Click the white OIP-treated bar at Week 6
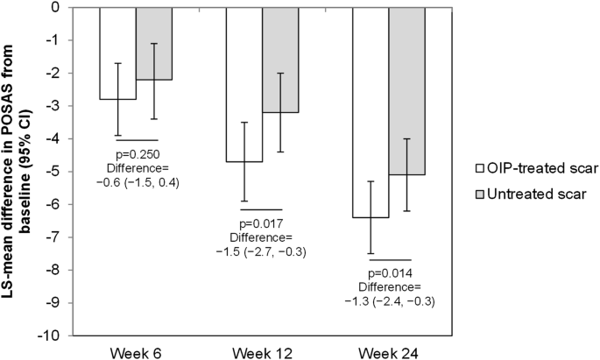coord(117,53)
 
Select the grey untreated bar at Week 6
coord(154,43)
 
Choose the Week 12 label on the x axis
coord(263,351)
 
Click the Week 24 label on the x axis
coord(390,351)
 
